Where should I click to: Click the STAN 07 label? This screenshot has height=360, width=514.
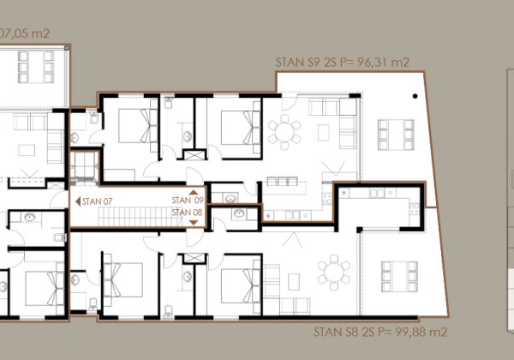tap(97, 201)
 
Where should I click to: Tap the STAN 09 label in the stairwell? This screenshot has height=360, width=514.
tap(188, 200)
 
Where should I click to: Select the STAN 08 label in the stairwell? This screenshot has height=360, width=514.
tap(187, 213)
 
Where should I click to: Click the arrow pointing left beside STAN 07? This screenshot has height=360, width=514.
tap(78, 201)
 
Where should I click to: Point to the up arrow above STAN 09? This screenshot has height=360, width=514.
tap(194, 193)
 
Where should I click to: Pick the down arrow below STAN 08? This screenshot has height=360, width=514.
tap(194, 223)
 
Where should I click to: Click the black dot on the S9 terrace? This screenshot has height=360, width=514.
tap(415, 96)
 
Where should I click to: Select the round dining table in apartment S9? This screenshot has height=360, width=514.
tap(284, 132)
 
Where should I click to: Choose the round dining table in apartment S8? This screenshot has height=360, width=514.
tap(334, 272)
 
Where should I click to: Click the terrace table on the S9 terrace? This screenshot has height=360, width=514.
tap(396, 135)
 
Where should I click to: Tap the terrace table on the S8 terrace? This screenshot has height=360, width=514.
tap(399, 276)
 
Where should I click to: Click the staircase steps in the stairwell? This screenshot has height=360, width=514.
tap(140, 216)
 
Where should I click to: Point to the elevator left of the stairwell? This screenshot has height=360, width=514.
tap(84, 167)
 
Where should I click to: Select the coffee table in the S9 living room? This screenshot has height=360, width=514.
tap(324, 133)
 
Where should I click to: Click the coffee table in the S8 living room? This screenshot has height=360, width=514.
tap(294, 282)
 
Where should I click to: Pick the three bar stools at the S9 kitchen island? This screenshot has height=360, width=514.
tap(282, 182)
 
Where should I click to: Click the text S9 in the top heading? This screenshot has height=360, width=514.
tap(314, 62)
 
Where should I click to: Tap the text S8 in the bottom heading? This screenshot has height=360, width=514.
tap(352, 332)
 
